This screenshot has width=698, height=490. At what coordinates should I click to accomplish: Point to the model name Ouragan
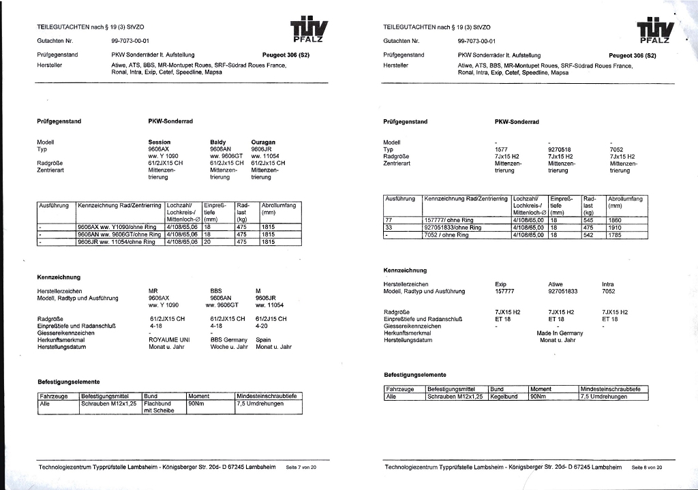point(263,142)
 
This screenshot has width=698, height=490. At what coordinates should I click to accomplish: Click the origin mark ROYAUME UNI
point(169,339)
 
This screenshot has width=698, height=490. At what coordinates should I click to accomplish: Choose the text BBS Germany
point(228,339)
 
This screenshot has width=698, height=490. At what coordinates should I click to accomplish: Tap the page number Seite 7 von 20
point(301,468)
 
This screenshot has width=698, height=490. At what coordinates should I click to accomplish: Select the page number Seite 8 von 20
point(646,468)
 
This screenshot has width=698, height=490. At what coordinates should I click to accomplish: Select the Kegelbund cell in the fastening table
point(504,396)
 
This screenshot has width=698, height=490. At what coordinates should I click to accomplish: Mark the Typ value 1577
point(502,149)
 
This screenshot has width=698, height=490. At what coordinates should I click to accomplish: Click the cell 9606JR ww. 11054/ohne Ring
point(119,241)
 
